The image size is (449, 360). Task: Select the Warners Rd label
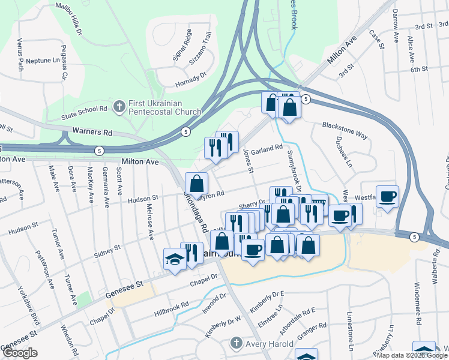point(92,131)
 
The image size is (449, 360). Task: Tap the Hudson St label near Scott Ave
point(142,197)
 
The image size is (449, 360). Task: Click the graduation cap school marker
point(175,259)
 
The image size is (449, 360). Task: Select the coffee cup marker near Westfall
point(388,196)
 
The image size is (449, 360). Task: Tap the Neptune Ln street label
point(44,61)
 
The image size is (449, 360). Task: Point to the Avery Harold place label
point(268,344)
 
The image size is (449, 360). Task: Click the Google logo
point(20,353)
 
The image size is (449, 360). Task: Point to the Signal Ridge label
point(181,44)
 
